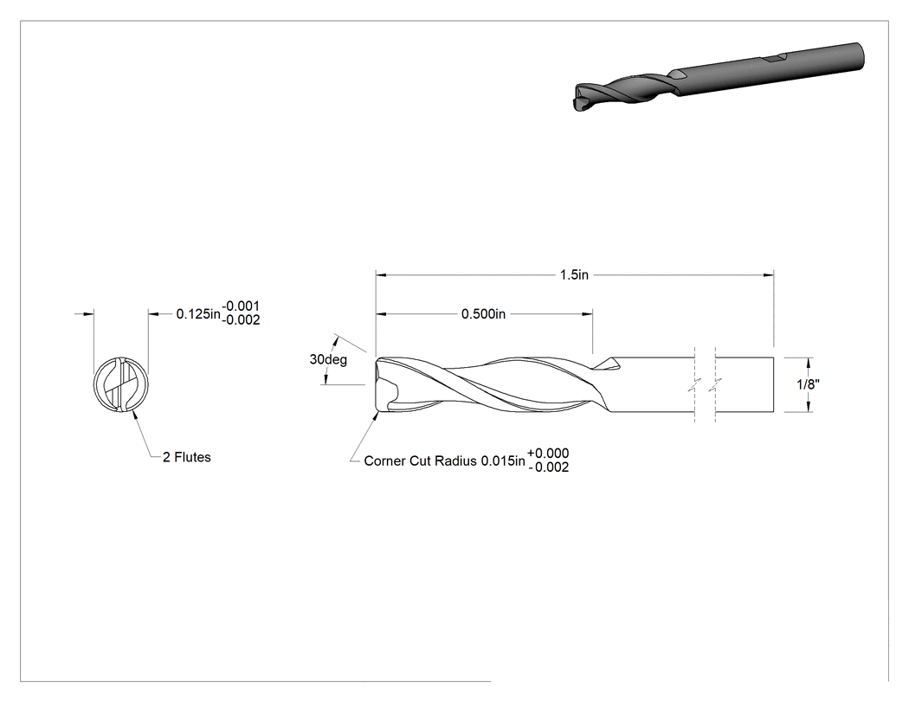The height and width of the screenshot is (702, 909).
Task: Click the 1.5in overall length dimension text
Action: click(574, 274)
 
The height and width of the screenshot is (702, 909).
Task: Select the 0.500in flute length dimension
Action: click(483, 314)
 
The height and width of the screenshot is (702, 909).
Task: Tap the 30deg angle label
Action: click(328, 359)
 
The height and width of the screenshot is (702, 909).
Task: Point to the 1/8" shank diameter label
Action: click(808, 384)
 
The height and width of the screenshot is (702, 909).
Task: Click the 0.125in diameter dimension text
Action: click(198, 314)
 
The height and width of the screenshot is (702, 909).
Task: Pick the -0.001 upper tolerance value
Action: click(242, 306)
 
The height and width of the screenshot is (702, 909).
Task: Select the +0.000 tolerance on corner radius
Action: click(548, 454)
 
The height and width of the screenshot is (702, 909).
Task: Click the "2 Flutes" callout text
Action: click(187, 457)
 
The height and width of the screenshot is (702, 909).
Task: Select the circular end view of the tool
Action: click(121, 384)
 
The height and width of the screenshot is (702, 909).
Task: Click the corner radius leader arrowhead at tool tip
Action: click(374, 417)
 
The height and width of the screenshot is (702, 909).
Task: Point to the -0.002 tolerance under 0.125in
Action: click(242, 320)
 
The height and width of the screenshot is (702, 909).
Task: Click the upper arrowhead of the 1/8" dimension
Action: click(808, 363)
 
